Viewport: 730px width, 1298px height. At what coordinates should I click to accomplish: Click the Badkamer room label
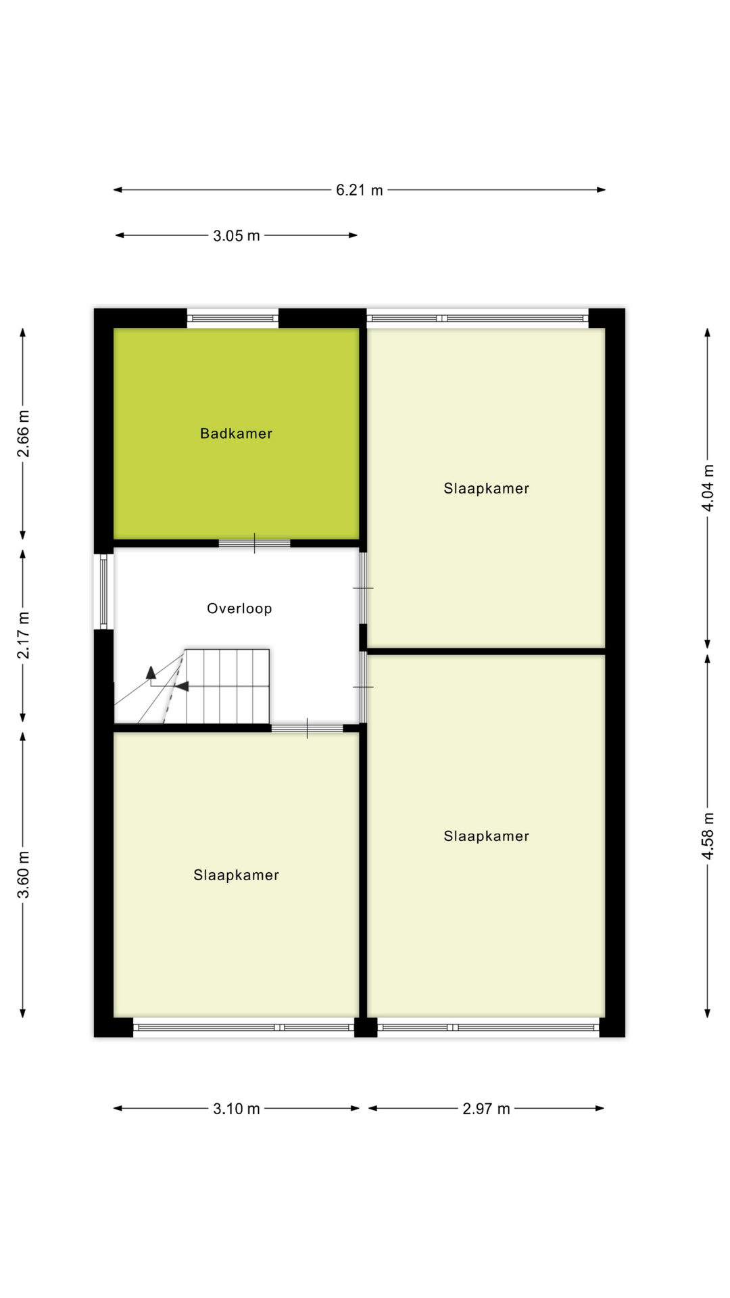click(236, 434)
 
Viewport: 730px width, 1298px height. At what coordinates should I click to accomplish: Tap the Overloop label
click(239, 608)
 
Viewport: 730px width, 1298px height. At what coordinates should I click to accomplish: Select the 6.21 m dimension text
click(359, 191)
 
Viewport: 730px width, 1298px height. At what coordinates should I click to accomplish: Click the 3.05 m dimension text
click(236, 236)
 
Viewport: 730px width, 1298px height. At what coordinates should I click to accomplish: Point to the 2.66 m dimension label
click(24, 433)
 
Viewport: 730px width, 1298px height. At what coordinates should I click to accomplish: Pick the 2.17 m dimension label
click(24, 635)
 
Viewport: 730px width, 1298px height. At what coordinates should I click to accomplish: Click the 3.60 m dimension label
click(24, 875)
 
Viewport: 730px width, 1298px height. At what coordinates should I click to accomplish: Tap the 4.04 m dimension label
click(708, 487)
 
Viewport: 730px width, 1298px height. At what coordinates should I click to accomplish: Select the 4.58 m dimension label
click(708, 836)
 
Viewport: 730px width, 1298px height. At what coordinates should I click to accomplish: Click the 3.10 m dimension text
click(236, 1109)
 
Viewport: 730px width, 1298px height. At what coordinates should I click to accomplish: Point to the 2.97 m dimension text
click(486, 1109)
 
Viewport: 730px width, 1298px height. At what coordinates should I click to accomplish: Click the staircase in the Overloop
click(226, 686)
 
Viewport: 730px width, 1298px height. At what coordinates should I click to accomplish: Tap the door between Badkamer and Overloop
click(254, 543)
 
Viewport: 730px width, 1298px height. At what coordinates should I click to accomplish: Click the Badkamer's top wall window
click(233, 318)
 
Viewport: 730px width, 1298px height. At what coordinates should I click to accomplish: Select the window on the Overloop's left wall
click(103, 591)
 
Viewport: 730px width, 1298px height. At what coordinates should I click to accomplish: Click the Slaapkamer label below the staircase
click(236, 875)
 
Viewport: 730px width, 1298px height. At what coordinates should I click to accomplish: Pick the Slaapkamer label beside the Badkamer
click(486, 489)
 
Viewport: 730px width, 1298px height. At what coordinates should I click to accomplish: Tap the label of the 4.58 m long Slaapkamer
click(486, 836)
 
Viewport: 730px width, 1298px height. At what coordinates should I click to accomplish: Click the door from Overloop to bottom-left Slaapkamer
click(307, 728)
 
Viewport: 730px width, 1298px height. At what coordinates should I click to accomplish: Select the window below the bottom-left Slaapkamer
click(243, 1027)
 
